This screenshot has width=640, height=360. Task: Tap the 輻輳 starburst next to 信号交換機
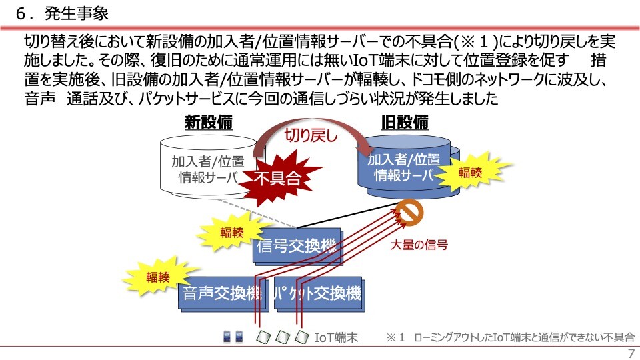pyautogui.click(x=231, y=233)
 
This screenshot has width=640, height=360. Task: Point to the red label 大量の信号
pyautogui.click(x=419, y=245)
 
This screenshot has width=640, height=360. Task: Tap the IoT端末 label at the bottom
pyautogui.click(x=336, y=338)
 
